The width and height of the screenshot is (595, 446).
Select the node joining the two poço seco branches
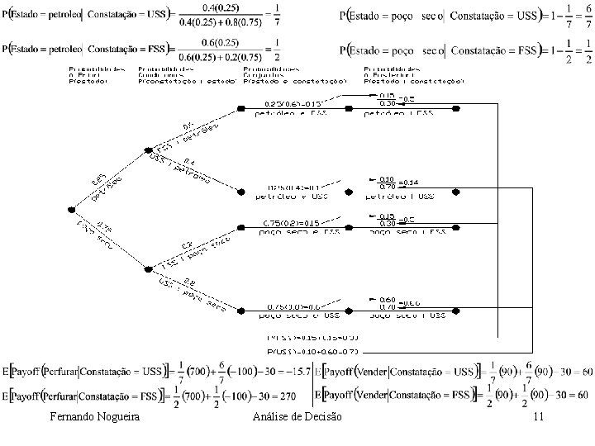click(146, 268)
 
